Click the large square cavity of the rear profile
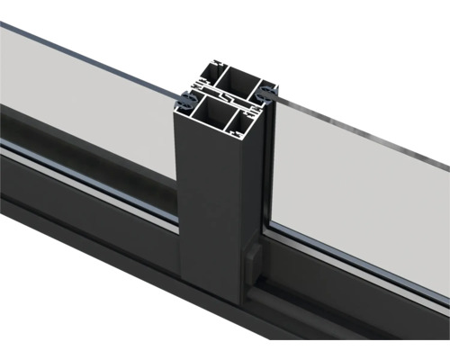[238, 78]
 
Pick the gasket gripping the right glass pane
[269, 92]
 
